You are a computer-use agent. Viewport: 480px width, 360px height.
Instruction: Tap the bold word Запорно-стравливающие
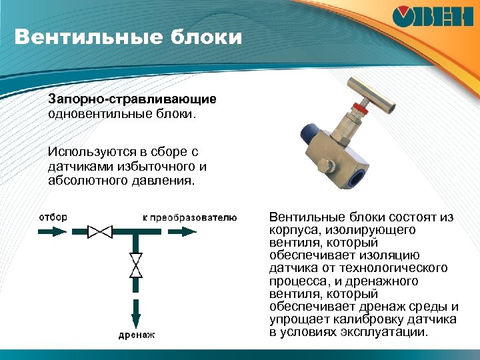tap(131, 99)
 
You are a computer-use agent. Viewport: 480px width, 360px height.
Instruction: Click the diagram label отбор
tap(53, 217)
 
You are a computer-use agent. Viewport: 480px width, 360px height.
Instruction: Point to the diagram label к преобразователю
tap(189, 217)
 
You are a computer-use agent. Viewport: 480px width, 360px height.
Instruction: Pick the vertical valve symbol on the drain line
tap(136, 265)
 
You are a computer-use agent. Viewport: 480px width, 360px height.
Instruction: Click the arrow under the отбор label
tap(52, 232)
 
